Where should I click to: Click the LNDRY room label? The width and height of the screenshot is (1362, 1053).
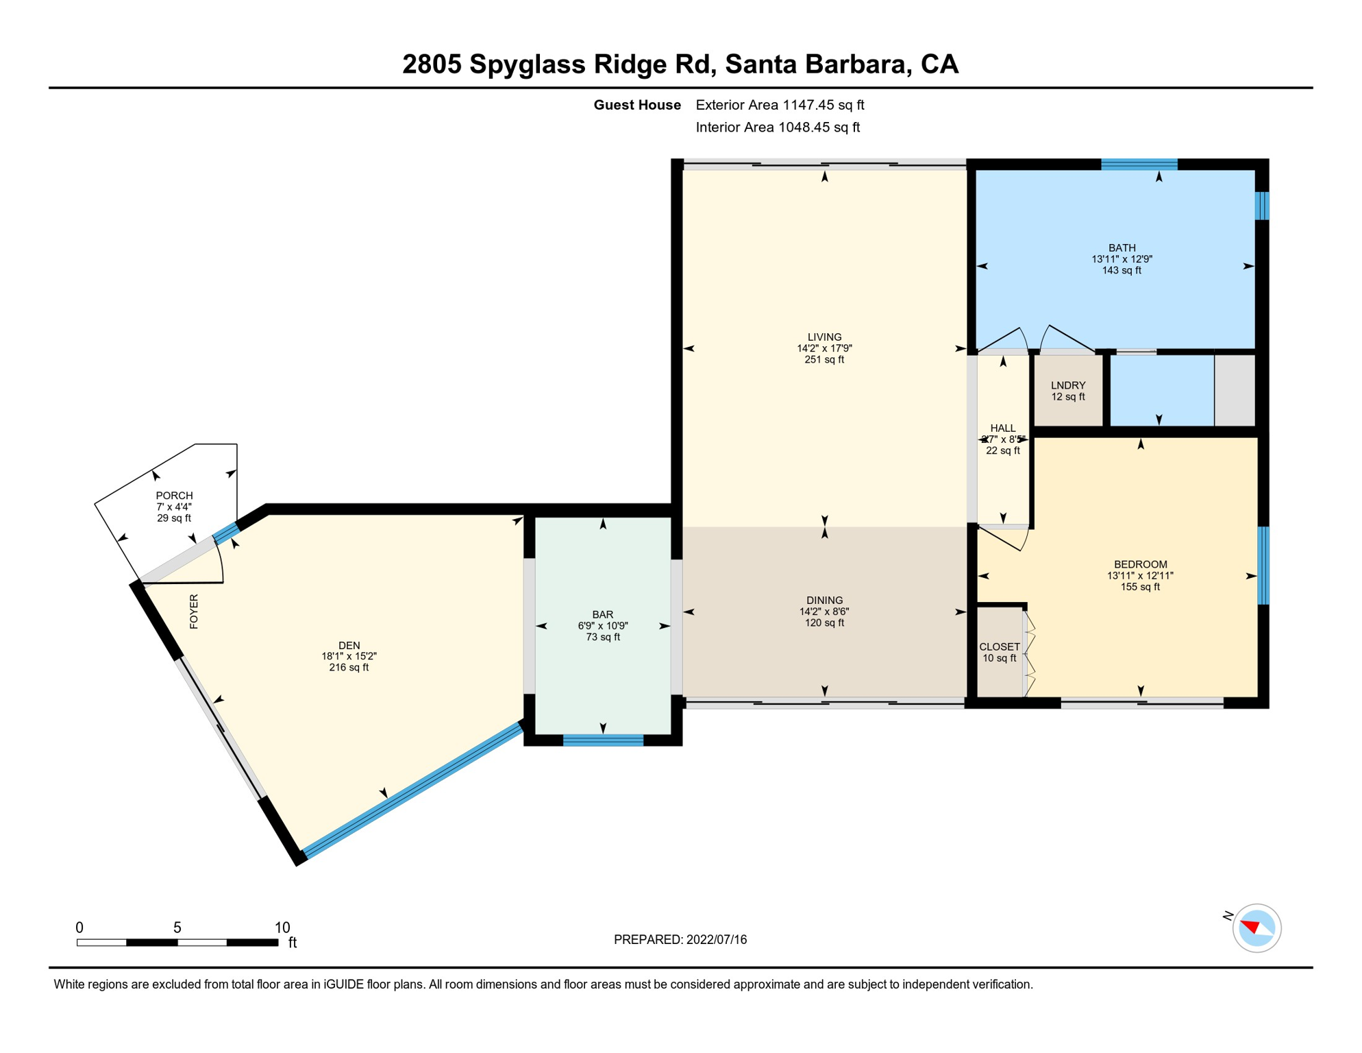click(1067, 385)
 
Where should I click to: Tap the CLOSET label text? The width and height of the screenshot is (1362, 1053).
click(999, 646)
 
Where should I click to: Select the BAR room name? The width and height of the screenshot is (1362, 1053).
click(602, 614)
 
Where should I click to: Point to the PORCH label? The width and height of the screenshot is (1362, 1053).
click(174, 495)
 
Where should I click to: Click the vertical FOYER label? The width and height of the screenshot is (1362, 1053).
click(194, 611)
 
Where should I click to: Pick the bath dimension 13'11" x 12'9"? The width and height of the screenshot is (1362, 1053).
click(1122, 259)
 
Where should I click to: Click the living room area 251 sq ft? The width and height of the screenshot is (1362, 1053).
click(824, 359)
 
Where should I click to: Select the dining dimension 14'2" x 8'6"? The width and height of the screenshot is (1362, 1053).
click(824, 612)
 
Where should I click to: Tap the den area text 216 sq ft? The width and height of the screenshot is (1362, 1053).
click(349, 667)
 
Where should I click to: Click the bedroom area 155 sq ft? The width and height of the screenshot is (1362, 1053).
click(1139, 587)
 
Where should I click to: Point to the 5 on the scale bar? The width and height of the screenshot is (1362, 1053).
click(177, 928)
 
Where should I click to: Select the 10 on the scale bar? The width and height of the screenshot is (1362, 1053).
click(282, 928)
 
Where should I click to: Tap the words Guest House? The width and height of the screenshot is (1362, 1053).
click(636, 105)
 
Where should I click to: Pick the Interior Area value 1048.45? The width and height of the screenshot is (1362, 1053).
click(805, 128)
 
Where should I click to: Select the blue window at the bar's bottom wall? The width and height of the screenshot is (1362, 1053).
click(603, 740)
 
